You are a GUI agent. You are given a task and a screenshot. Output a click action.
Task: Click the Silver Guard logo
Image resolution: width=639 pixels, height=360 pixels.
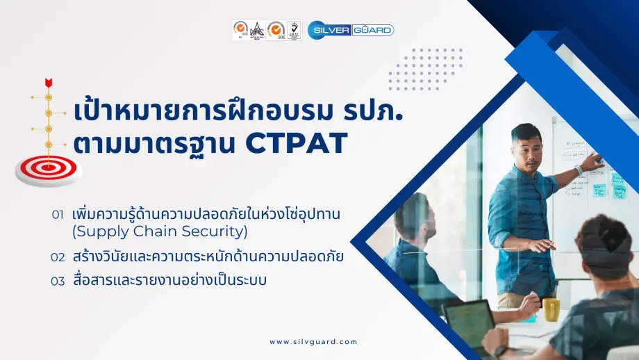(351, 30)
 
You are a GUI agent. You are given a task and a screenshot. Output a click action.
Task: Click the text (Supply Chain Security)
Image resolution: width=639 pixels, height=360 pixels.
(160, 231)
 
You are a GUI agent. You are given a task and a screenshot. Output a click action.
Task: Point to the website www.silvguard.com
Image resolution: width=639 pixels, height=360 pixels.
(313, 341)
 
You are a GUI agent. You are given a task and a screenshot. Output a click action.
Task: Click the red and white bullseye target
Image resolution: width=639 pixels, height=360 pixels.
(48, 166)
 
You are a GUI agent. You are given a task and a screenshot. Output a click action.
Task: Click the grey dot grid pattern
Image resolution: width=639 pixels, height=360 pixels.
(425, 69)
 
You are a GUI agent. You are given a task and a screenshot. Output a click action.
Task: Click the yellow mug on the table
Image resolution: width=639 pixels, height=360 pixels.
(551, 309)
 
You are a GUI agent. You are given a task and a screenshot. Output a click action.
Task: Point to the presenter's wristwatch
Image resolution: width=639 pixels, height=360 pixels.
(578, 170)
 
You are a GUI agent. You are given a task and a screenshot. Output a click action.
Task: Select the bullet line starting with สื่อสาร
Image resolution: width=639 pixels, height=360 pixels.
(170, 281)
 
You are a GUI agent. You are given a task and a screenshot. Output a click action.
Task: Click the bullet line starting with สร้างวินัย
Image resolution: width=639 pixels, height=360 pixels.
(208, 257)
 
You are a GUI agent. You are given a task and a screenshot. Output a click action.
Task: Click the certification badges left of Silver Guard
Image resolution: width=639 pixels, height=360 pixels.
(267, 30)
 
